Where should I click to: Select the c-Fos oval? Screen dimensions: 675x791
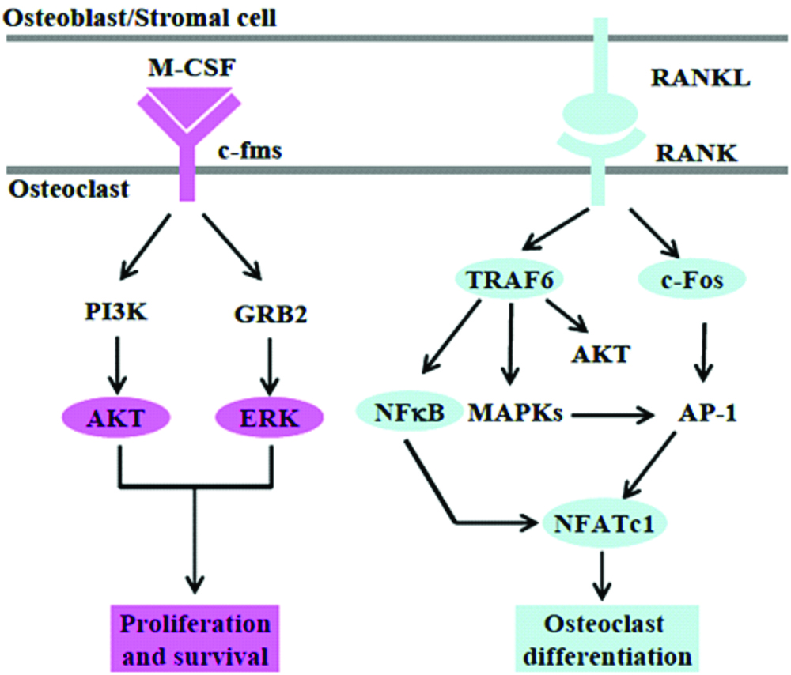(687, 281)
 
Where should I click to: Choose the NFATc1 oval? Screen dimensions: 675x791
(603, 522)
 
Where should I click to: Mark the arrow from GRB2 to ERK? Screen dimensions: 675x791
(271, 360)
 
